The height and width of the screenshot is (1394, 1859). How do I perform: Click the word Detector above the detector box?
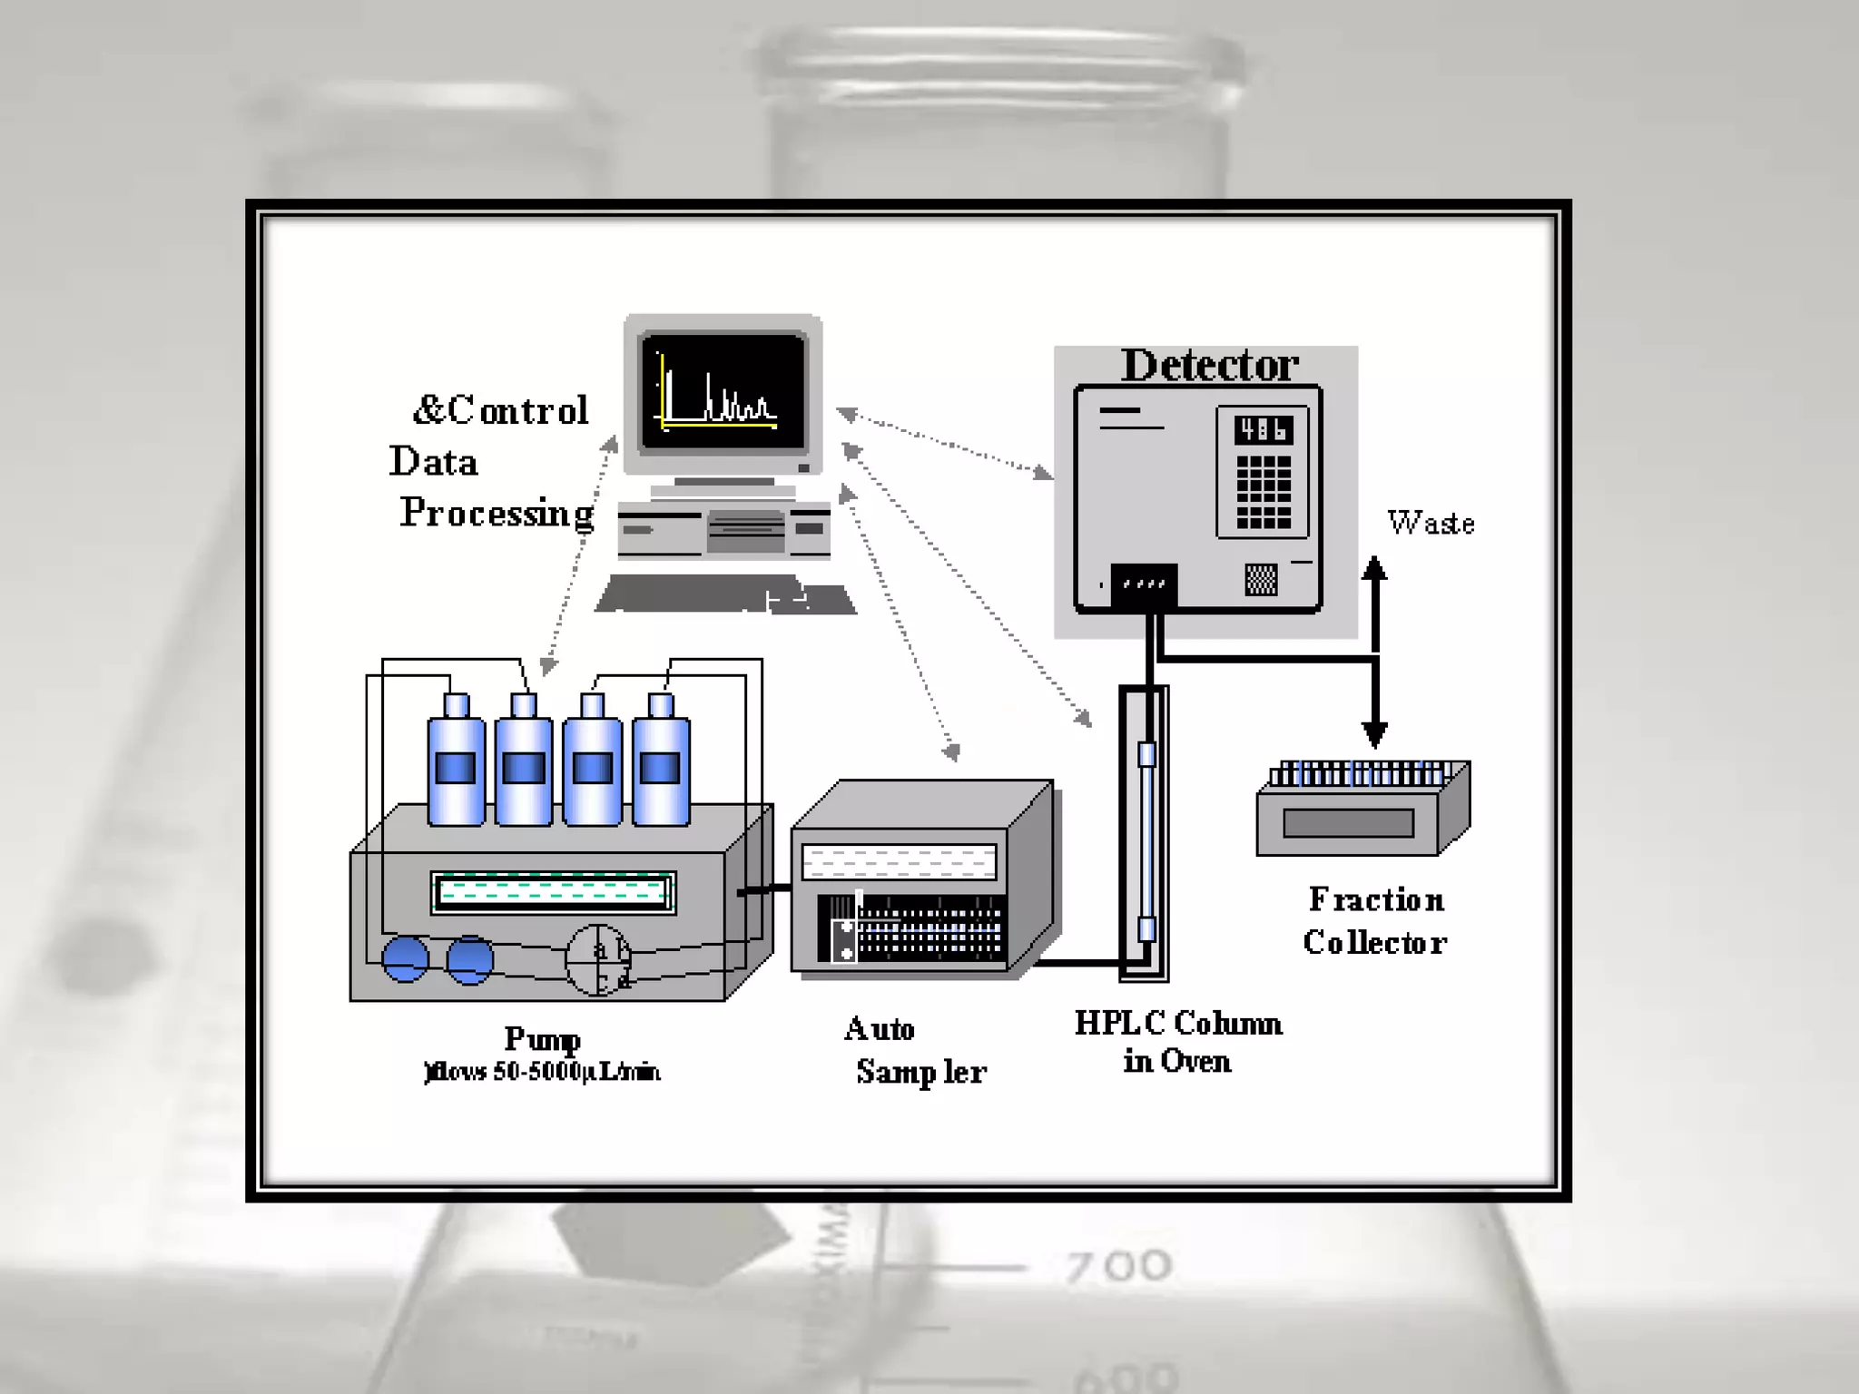pos(1209,366)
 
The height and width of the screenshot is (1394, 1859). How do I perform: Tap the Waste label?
pos(1431,523)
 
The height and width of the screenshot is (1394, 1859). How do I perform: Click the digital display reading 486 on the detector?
pos(1263,429)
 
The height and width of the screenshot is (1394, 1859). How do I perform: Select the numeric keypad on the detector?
pos(1263,491)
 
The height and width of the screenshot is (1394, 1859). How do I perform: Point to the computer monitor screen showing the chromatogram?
pos(723,392)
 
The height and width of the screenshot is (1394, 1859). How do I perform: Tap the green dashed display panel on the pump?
pos(553,892)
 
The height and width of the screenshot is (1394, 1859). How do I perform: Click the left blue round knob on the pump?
pos(405,959)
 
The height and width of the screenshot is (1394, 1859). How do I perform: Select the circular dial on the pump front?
pos(597,959)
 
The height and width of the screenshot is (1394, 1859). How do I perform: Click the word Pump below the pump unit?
pos(542,1038)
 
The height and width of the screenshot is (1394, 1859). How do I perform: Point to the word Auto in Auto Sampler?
pos(879,1029)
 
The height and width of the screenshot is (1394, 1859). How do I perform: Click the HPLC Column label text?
pos(1178,1024)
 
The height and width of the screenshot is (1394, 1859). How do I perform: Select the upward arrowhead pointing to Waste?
pos(1374,569)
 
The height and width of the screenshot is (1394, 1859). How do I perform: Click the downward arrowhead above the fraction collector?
pos(1374,733)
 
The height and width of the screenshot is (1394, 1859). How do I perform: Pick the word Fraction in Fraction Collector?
pos(1376,899)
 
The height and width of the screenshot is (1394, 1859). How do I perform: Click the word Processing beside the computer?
pos(497,514)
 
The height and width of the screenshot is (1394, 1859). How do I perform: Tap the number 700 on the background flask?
pos(1118,1266)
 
